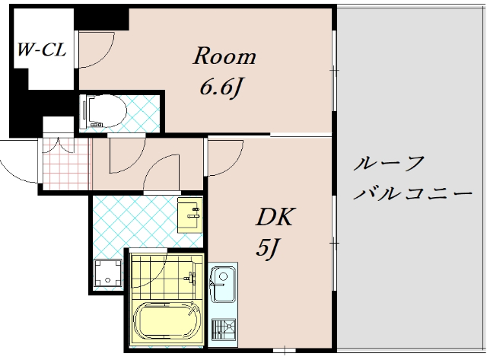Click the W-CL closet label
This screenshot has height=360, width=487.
pyautogui.click(x=42, y=49)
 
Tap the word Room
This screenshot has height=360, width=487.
pyautogui.click(x=224, y=56)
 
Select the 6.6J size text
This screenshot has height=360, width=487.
pyautogui.click(x=221, y=88)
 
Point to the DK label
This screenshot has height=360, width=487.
pyautogui.click(x=274, y=216)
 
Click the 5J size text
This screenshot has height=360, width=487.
pyautogui.click(x=266, y=248)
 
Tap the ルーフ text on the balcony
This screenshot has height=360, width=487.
pyautogui.click(x=389, y=164)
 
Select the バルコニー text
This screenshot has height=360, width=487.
pyautogui.click(x=413, y=194)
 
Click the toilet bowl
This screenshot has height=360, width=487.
pyautogui.click(x=103, y=111)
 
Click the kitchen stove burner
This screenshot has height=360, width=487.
pyautogui.click(x=224, y=329)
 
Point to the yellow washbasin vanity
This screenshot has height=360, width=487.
pyautogui.click(x=189, y=215)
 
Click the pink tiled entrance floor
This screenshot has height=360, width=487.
pyautogui.click(x=66, y=164)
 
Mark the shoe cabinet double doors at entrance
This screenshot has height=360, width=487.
pyautogui.click(x=58, y=145)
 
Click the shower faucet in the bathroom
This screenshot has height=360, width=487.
pyautogui.click(x=190, y=277)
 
